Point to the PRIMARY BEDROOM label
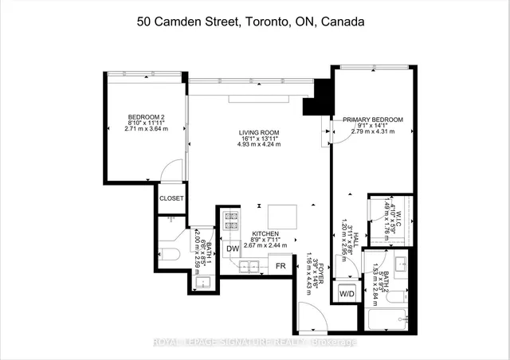coord(373,119)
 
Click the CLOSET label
coord(171,198)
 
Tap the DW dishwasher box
coord(233,248)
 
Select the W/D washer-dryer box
coord(347,293)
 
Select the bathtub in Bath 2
coord(390,320)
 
